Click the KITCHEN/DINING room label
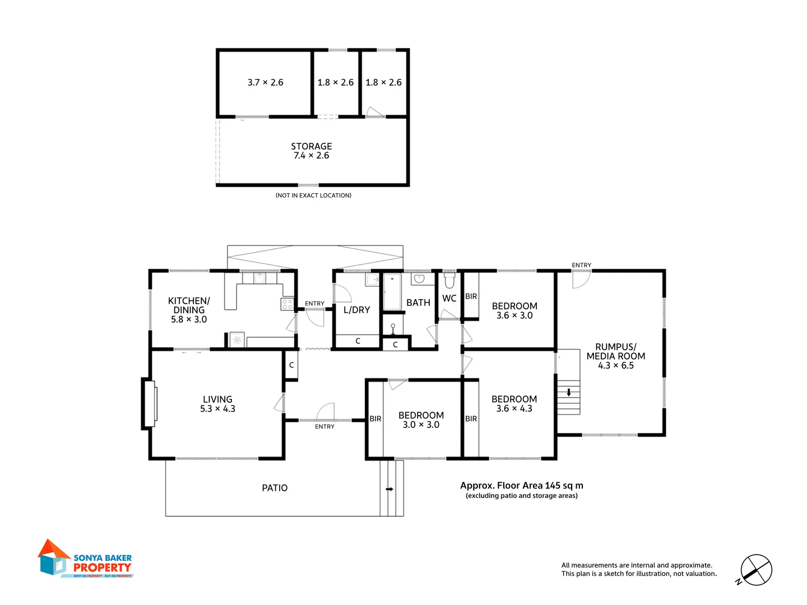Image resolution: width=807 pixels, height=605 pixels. tap(189, 310)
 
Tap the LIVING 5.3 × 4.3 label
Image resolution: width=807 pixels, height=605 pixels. tap(217, 404)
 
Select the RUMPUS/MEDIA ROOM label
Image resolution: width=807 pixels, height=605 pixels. tap(615, 356)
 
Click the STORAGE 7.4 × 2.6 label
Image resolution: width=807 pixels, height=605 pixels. tap(311, 151)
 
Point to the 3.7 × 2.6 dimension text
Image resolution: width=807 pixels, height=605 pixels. tap(265, 82)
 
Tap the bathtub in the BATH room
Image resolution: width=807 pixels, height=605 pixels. tap(392, 291)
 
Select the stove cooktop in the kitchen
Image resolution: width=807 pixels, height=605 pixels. tap(287, 304)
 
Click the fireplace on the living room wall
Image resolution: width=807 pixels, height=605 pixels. tap(149, 403)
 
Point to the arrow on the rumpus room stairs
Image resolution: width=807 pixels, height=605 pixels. tap(569, 392)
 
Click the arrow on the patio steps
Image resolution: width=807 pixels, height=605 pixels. tap(389, 489)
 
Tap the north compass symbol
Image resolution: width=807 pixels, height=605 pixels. tap(756, 570)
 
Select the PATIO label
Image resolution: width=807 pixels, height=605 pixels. tap(275, 488)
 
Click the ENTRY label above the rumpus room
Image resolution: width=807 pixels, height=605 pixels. tap(581, 265)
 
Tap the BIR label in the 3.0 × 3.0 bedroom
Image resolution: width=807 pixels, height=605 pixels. tap(375, 419)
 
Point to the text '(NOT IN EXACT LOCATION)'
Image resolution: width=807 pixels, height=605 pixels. tap(313, 196)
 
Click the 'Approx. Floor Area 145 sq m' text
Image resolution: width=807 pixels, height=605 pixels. tap(521, 486)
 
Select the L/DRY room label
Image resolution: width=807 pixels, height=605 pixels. tap(356, 310)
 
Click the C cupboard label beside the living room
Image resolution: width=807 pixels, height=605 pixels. tap(291, 365)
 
